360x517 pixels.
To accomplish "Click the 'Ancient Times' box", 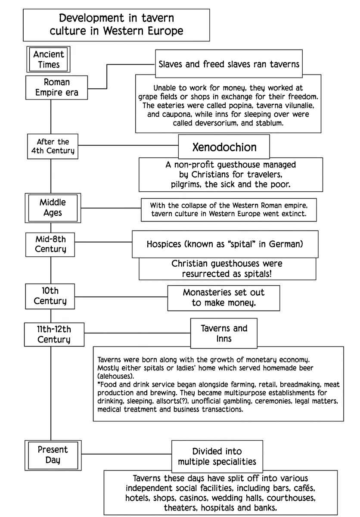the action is tap(48, 59).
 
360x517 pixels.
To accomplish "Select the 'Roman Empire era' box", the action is tap(56, 87).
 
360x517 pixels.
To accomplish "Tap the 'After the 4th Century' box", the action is tap(53, 146).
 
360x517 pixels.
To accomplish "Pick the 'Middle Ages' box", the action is tap(53, 208).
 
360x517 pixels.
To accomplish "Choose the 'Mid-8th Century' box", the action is tap(50, 244).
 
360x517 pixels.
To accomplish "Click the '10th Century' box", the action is tap(50, 296).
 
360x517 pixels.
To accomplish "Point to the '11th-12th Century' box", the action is tap(54, 334).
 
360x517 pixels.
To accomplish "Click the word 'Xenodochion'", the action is tap(224, 147).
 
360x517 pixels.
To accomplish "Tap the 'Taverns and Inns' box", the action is tap(223, 333).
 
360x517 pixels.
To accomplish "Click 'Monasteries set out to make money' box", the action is tap(223, 298).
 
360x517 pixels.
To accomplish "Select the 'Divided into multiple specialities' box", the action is tap(217, 457).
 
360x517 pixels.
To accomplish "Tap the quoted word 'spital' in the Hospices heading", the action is tap(241, 244).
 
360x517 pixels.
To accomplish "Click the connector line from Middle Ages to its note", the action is tap(111, 208).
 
